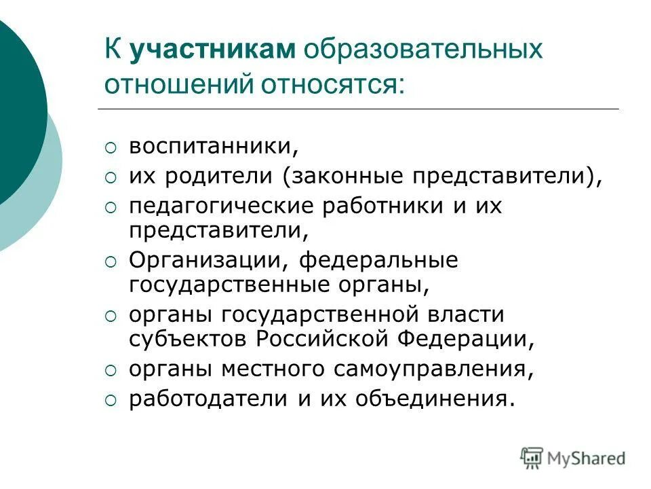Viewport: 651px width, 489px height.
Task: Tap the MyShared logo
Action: pyautogui.click(x=573, y=458)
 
